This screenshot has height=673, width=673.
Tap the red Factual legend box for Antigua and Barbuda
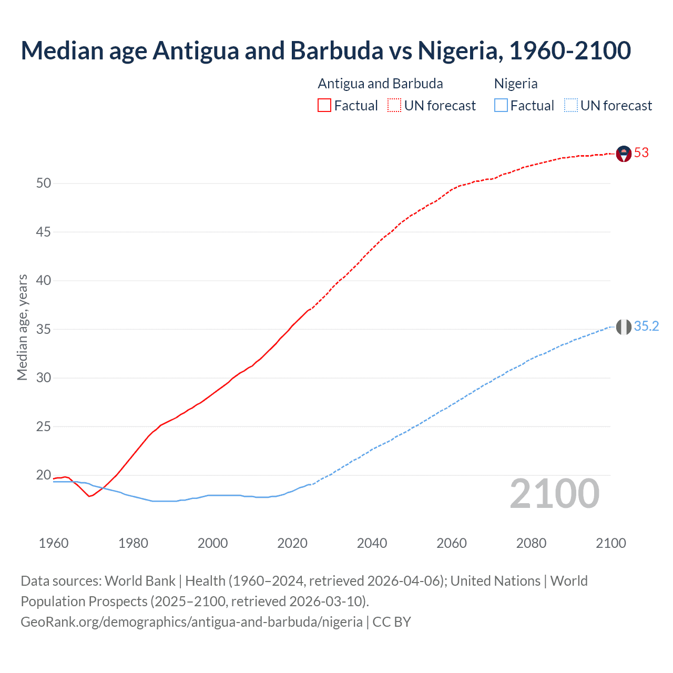[x=324, y=106]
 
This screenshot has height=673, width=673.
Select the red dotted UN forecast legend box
[x=394, y=106]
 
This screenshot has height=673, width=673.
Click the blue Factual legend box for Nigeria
[x=501, y=106]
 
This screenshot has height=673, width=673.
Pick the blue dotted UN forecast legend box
[x=570, y=106]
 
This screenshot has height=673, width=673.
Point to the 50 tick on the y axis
[x=44, y=183]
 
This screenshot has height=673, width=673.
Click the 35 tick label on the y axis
[x=44, y=330]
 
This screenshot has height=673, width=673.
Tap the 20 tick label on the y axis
[x=44, y=475]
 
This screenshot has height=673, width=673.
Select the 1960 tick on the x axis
[x=54, y=543]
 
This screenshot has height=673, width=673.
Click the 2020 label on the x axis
[x=292, y=543]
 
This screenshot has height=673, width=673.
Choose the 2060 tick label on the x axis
[x=452, y=543]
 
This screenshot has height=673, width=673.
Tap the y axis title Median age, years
[x=22, y=327]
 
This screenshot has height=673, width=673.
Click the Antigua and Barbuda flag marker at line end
[x=624, y=154]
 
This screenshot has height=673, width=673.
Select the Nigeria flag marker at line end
[x=624, y=327]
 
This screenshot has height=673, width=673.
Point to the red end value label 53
[x=641, y=153]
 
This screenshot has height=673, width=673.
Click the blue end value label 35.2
[x=646, y=327]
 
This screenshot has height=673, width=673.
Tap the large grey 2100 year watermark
[x=554, y=494]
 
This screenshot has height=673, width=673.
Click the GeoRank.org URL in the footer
[x=191, y=622]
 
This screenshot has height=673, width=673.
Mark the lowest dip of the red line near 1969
[x=89, y=496]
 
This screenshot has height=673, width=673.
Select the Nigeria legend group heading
[x=516, y=84]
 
